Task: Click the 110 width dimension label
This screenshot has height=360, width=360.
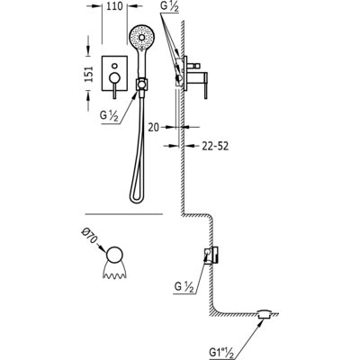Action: tap(114, 6)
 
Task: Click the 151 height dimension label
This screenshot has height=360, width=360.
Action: tap(88, 74)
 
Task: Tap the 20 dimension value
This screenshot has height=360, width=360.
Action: tap(153, 128)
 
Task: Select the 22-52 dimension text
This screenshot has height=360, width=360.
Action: tap(215, 146)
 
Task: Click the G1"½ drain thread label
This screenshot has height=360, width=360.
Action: tap(223, 351)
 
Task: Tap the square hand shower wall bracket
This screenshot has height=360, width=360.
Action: tap(141, 84)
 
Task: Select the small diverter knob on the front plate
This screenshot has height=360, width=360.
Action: tap(114, 66)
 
